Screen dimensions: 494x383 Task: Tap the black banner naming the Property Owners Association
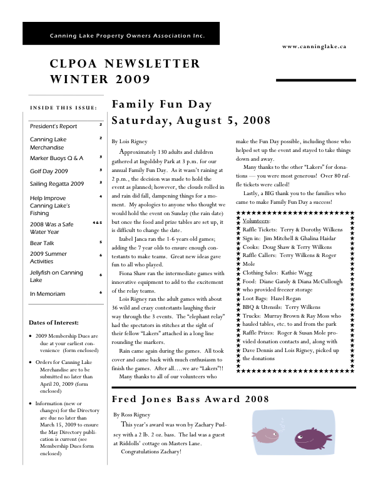coord(121,34)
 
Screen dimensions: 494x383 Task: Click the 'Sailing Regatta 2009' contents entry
coord(57,184)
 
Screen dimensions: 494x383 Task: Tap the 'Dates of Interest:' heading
coord(54,323)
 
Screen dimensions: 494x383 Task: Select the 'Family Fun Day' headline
coord(161,104)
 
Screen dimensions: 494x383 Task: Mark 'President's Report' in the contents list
coord(53,126)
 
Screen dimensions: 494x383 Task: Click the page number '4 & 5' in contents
coord(97,223)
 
